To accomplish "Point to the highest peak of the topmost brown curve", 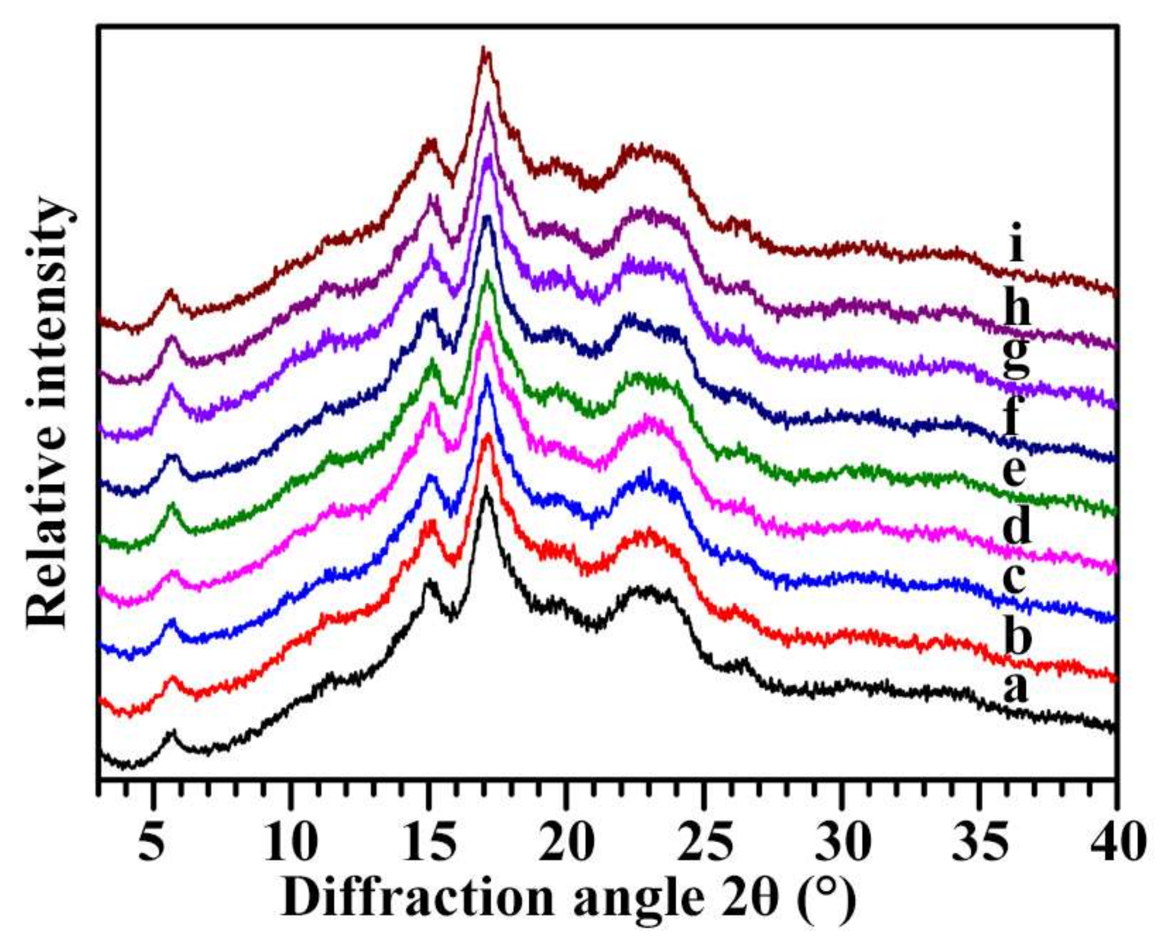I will click(484, 49).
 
